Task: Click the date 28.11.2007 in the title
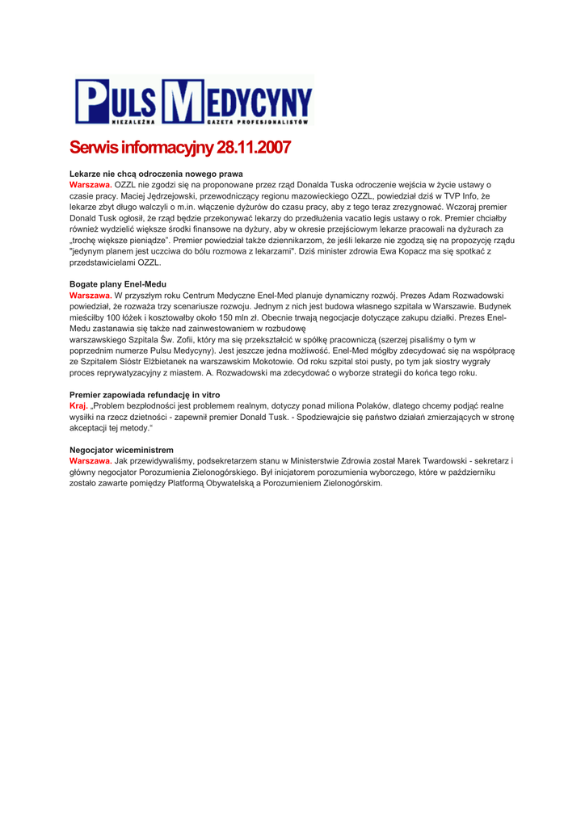[251, 149]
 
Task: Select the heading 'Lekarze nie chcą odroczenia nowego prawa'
[156, 174]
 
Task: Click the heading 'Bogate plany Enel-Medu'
[118, 285]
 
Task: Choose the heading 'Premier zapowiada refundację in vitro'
[145, 395]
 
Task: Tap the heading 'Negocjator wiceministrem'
[121, 450]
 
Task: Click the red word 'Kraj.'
[78, 406]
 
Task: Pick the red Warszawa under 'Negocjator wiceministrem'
[90, 461]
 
